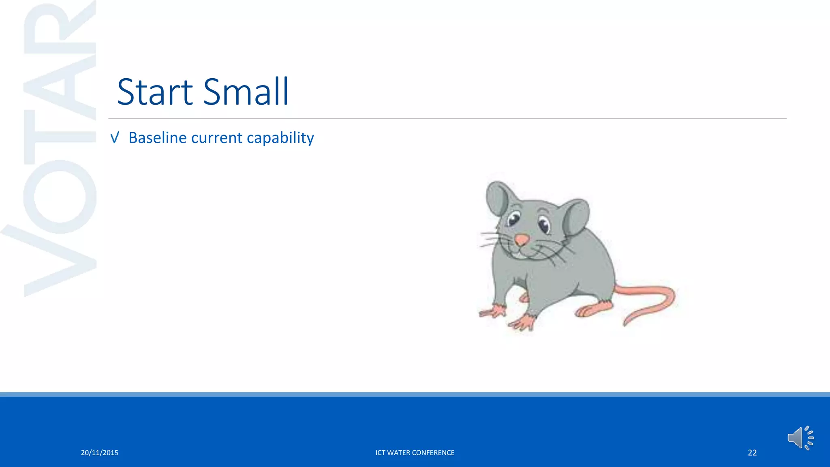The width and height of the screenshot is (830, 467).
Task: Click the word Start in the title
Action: coord(155,92)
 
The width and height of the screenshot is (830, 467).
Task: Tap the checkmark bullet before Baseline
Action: coord(115,138)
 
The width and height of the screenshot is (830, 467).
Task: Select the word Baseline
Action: coord(157,138)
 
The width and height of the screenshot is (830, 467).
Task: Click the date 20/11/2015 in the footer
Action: coord(99,453)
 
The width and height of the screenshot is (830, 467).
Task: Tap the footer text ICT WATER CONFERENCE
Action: coord(415,453)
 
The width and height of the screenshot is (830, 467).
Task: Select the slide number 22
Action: coord(752,453)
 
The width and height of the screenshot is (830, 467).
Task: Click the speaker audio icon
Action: coord(800,438)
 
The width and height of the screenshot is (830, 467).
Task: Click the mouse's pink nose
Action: coord(522,240)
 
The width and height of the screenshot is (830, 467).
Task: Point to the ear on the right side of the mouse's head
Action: coord(575,217)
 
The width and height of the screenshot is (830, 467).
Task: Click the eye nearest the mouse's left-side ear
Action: coord(513,219)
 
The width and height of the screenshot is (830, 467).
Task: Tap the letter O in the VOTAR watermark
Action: coord(60,197)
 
